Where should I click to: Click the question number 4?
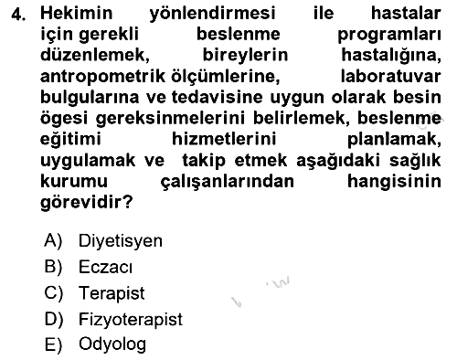click(17, 15)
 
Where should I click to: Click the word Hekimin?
click(77, 13)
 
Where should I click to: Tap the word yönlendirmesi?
click(212, 15)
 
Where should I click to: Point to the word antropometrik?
click(103, 77)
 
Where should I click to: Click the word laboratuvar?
click(390, 76)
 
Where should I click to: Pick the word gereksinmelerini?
click(170, 119)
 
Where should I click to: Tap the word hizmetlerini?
click(224, 139)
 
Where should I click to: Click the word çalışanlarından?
click(228, 182)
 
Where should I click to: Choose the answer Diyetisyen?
click(121, 241)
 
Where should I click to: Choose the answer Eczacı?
click(105, 267)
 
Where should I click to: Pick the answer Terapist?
click(112, 294)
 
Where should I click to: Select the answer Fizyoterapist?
click(131, 320)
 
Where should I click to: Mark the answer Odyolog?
click(112, 345)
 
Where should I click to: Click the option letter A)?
click(53, 241)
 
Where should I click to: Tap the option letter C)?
click(53, 293)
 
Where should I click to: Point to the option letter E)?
click(53, 345)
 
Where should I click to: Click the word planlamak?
click(394, 140)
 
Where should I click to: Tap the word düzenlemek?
click(95, 56)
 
